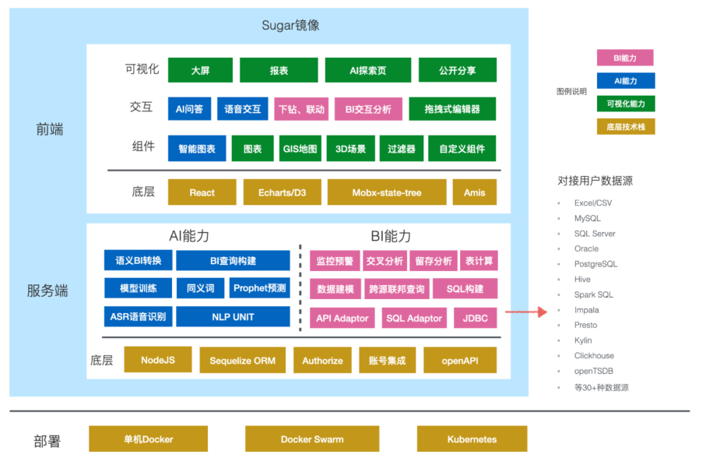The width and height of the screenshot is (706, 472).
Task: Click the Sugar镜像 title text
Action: pyautogui.click(x=290, y=26)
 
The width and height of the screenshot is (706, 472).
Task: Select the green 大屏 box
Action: pyautogui.click(x=200, y=70)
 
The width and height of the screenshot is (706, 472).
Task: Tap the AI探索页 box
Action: pyautogui.click(x=367, y=70)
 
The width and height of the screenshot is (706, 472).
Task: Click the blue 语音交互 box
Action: pyautogui.click(x=242, y=109)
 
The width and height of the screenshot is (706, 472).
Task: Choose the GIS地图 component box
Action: pyautogui.click(x=300, y=149)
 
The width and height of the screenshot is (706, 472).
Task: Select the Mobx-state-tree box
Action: pyautogui.click(x=387, y=192)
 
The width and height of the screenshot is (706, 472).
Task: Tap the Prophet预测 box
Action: pyautogui.click(x=259, y=288)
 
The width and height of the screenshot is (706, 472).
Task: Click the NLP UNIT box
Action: pyautogui.click(x=233, y=317)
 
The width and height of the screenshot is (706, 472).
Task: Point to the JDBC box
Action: pyautogui.click(x=475, y=318)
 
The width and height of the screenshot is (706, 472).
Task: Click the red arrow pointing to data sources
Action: pyautogui.click(x=522, y=312)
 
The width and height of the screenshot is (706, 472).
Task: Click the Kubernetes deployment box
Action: pyautogui.click(x=472, y=439)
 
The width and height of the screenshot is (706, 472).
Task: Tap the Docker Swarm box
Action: pyautogui.click(x=312, y=439)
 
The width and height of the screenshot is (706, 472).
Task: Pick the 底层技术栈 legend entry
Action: pyautogui.click(x=625, y=126)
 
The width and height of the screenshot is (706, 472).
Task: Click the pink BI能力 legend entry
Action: pyautogui.click(x=625, y=58)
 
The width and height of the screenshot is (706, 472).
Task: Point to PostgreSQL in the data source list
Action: pyautogui.click(x=595, y=264)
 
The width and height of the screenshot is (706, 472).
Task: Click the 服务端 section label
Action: pyautogui.click(x=47, y=291)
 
